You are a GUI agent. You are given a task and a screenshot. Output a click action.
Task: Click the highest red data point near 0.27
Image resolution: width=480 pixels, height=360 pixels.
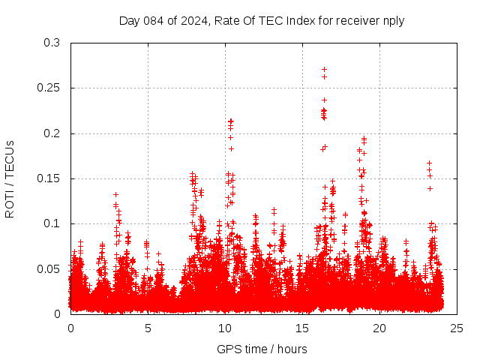click(324, 69)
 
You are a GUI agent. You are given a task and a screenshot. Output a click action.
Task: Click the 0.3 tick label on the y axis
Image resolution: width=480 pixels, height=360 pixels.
click(51, 43)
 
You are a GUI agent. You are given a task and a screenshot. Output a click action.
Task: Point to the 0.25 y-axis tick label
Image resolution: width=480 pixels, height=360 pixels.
click(48, 88)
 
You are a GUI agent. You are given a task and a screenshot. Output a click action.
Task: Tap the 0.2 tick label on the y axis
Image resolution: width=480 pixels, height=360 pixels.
click(51, 133)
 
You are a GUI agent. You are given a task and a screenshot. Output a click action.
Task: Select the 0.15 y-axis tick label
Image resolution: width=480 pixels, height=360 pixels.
click(48, 178)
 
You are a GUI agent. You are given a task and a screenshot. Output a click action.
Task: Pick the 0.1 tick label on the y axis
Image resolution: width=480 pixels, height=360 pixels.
click(51, 223)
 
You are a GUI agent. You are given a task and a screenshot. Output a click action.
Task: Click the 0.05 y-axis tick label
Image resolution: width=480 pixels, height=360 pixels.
click(48, 268)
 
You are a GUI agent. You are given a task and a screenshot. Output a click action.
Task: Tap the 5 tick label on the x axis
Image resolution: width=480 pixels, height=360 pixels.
click(148, 328)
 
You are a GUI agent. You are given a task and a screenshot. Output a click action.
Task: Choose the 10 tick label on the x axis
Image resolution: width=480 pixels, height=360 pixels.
click(225, 328)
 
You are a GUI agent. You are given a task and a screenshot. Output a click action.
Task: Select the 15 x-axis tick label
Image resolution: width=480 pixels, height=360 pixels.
click(302, 328)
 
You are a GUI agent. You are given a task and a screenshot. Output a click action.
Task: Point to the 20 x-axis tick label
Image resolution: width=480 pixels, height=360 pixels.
click(379, 328)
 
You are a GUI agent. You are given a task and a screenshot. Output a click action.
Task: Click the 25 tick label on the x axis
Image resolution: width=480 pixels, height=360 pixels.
click(457, 328)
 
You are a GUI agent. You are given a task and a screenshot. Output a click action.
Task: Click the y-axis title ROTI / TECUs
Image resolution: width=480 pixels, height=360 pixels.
click(10, 178)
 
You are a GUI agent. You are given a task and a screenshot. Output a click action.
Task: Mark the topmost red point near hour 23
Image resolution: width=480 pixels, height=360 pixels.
click(429, 163)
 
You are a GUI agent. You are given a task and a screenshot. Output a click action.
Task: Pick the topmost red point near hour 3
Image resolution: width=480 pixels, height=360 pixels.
click(115, 194)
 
